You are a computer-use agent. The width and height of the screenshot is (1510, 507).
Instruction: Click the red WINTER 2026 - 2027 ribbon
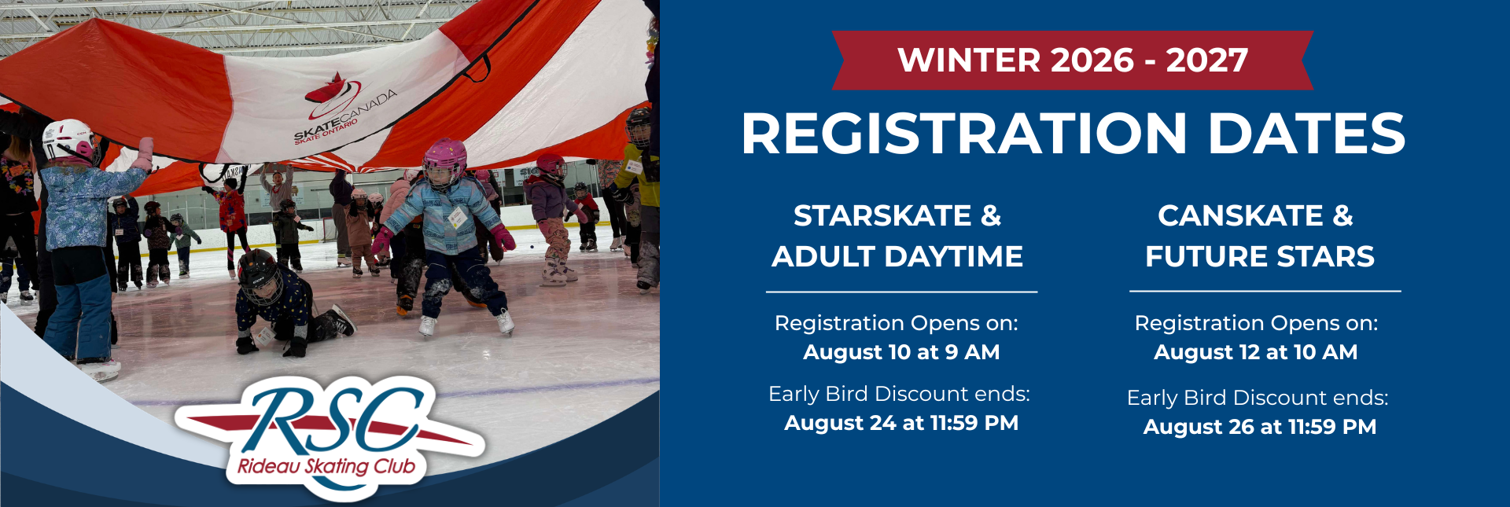(x=1073, y=61)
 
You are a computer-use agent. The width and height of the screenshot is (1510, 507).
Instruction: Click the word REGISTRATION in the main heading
(x=963, y=134)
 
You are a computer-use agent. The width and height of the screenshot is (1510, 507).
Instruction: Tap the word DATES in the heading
(x=1306, y=134)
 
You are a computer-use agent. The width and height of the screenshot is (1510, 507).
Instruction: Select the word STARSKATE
(x=882, y=215)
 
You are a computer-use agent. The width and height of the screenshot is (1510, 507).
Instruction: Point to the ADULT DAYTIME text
(x=897, y=256)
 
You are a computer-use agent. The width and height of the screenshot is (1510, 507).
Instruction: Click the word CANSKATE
(x=1240, y=215)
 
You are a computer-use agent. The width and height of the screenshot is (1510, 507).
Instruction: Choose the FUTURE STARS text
(x=1260, y=256)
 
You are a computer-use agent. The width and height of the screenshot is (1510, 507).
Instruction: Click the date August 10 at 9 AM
(x=901, y=352)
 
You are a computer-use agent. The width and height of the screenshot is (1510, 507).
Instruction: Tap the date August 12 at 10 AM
(x=1256, y=352)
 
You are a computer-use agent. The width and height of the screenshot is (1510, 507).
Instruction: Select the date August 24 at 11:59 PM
(x=901, y=423)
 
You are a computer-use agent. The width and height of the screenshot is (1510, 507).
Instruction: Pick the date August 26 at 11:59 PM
(x=1260, y=427)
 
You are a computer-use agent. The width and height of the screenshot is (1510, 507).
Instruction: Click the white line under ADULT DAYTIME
(x=902, y=292)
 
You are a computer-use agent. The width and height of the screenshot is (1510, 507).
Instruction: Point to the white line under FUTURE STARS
(x=1265, y=292)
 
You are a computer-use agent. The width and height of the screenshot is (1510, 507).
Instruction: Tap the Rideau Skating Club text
(x=326, y=466)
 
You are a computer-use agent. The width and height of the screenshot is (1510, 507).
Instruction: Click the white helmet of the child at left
(x=69, y=140)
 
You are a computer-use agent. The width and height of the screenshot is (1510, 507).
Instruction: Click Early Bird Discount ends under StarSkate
(x=899, y=394)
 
